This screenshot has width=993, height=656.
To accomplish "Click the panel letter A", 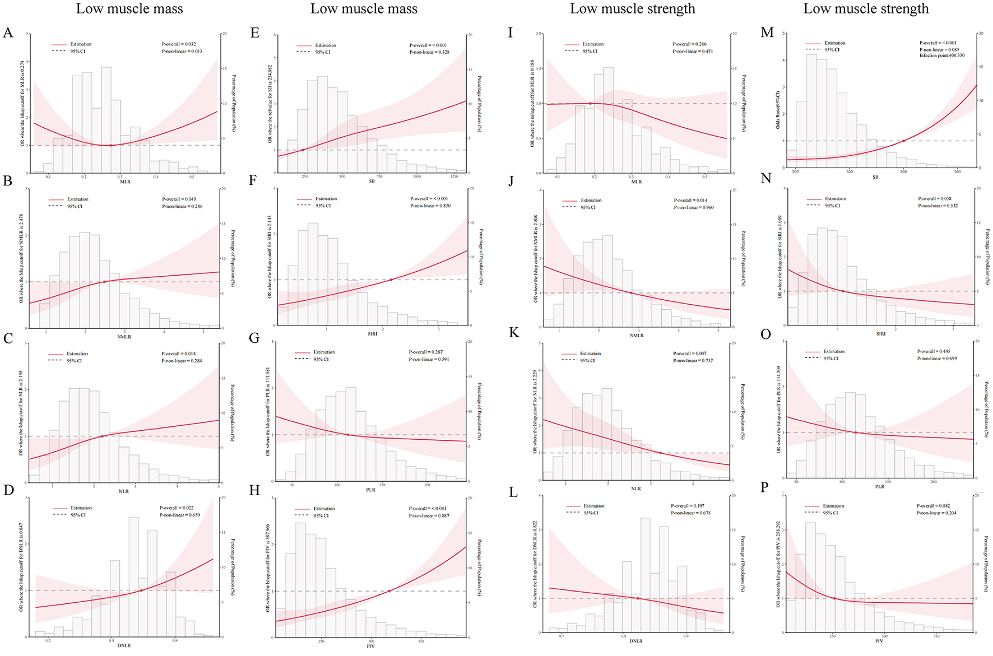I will click(x=8, y=32).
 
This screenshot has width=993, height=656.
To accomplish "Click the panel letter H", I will click(x=254, y=490).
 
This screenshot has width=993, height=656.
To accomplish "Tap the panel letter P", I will click(x=765, y=487).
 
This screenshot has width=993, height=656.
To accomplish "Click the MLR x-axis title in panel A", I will click(x=125, y=182).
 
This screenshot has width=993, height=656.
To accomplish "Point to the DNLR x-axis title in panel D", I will click(x=124, y=645).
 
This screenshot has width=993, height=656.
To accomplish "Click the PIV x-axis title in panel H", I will click(x=370, y=646).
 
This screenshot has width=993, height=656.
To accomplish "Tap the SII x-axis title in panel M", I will click(x=875, y=177).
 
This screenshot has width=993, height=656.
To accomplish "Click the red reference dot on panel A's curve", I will click(x=110, y=146).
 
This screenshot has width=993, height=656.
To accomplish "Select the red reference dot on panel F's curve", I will click(x=391, y=280).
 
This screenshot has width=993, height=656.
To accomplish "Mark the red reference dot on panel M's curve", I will click(x=903, y=141).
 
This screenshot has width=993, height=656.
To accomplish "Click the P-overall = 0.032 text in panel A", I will click(x=179, y=44).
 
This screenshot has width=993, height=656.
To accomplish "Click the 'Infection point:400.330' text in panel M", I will click(x=942, y=55).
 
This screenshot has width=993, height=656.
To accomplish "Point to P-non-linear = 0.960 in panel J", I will click(x=693, y=207).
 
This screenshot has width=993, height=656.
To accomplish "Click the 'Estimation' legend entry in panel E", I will click(x=326, y=45).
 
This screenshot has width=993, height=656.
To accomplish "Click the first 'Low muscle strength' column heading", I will click(x=632, y=8).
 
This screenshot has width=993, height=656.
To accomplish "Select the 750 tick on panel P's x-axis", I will click(x=936, y=636).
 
